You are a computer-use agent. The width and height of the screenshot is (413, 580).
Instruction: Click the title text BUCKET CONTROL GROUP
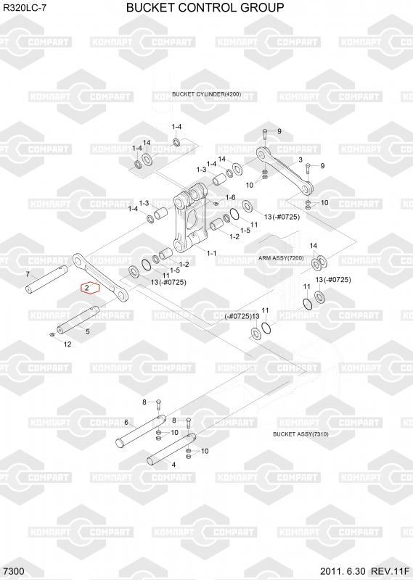pos(205,7)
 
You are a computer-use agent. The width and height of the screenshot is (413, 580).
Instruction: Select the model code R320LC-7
pos(25,8)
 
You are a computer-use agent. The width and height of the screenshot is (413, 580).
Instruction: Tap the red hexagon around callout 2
pos(91,288)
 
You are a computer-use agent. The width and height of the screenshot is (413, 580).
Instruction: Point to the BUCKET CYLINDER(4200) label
pos(207,94)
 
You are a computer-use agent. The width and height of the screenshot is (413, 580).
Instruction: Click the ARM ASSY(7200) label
pos(281,258)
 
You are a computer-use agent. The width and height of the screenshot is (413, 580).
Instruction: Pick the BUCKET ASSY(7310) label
pos(300,434)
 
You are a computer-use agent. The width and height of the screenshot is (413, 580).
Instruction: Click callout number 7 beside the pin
pos(28,275)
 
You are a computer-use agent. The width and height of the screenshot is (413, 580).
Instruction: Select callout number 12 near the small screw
pos(68,344)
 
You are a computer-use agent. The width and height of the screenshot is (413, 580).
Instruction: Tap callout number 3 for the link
pos(300,159)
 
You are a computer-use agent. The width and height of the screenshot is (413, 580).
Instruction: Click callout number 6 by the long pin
pos(126,423)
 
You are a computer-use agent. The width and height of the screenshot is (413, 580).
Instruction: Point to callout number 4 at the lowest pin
pos(173,465)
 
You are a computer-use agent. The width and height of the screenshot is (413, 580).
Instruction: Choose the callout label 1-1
pos(211,253)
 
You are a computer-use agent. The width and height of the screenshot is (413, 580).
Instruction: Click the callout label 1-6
pos(230,197)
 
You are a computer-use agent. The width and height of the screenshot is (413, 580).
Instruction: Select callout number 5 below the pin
pos(87,331)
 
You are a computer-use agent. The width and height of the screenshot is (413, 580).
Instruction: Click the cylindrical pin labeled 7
pos(46,279)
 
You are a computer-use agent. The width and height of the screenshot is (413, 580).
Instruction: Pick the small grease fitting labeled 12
pos(52,335)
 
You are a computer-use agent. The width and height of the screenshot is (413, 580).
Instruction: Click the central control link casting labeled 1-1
pos(191,220)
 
